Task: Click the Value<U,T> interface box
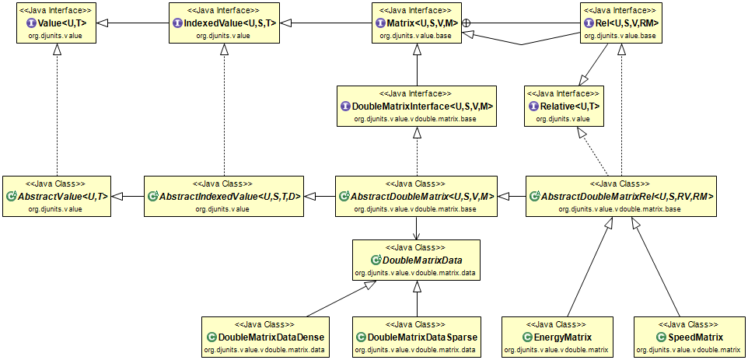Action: click(55, 23)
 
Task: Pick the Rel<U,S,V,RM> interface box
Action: click(620, 23)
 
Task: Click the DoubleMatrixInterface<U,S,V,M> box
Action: click(417, 106)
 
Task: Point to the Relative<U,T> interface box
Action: click(563, 106)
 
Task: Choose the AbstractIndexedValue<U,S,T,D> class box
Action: click(223, 195)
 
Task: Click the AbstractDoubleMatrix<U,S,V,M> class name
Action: click(421, 197)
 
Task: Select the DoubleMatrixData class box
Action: click(416, 259)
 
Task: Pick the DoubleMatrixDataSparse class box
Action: click(416, 336)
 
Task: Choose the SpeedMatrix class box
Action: click(690, 336)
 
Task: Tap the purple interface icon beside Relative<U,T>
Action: click(533, 107)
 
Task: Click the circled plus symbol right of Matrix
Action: click(467, 24)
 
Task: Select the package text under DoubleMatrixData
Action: click(416, 273)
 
